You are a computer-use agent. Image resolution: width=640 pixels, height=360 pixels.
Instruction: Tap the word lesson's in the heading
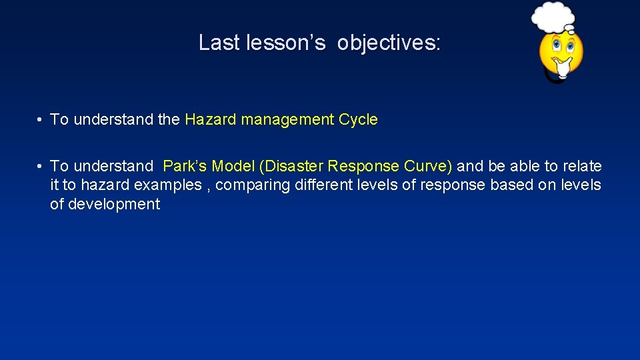pos(286,43)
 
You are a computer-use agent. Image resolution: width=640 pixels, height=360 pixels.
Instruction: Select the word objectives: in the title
pos(389,43)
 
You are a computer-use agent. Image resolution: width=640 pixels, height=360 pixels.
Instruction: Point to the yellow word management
pos(287,120)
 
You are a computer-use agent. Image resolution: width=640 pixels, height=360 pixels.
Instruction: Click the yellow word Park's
pos(185,166)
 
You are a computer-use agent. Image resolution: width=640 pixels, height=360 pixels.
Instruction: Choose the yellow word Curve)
pos(427,166)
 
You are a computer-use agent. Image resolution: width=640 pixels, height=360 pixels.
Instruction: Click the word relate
pos(580,166)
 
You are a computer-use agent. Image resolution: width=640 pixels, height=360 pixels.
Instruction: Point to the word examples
pos(169,185)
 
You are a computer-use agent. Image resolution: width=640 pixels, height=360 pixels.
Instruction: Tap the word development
pos(105,205)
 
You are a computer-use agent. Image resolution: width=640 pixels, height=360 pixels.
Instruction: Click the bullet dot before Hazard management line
pos(41,120)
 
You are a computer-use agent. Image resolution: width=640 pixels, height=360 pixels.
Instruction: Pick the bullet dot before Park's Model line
pos(41,166)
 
